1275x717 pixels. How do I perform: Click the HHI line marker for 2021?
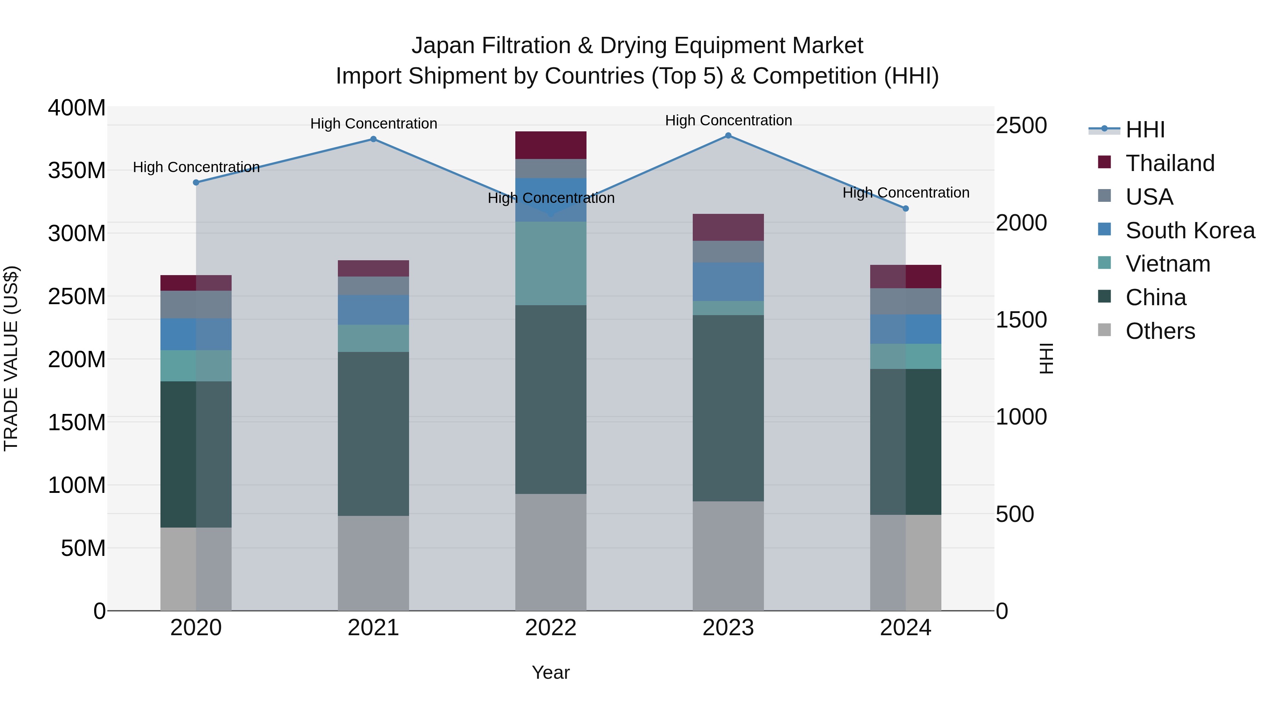click(x=373, y=139)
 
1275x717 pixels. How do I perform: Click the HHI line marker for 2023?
click(x=728, y=136)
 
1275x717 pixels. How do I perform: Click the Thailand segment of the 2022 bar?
click(x=550, y=145)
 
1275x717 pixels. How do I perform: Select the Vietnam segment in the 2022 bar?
click(x=550, y=263)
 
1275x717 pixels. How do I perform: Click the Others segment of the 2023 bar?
click(x=728, y=556)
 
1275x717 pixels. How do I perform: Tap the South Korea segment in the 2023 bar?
click(x=728, y=281)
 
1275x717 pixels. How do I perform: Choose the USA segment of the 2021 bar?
click(x=373, y=285)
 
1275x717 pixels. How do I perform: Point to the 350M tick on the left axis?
click(x=77, y=171)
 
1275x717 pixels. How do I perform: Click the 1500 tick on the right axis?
click(x=1021, y=320)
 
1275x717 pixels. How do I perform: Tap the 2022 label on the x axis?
click(x=550, y=628)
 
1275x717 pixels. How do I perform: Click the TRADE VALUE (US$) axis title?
click(x=11, y=358)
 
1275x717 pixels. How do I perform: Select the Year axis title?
click(x=550, y=672)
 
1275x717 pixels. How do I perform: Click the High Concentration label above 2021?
click(x=374, y=124)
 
